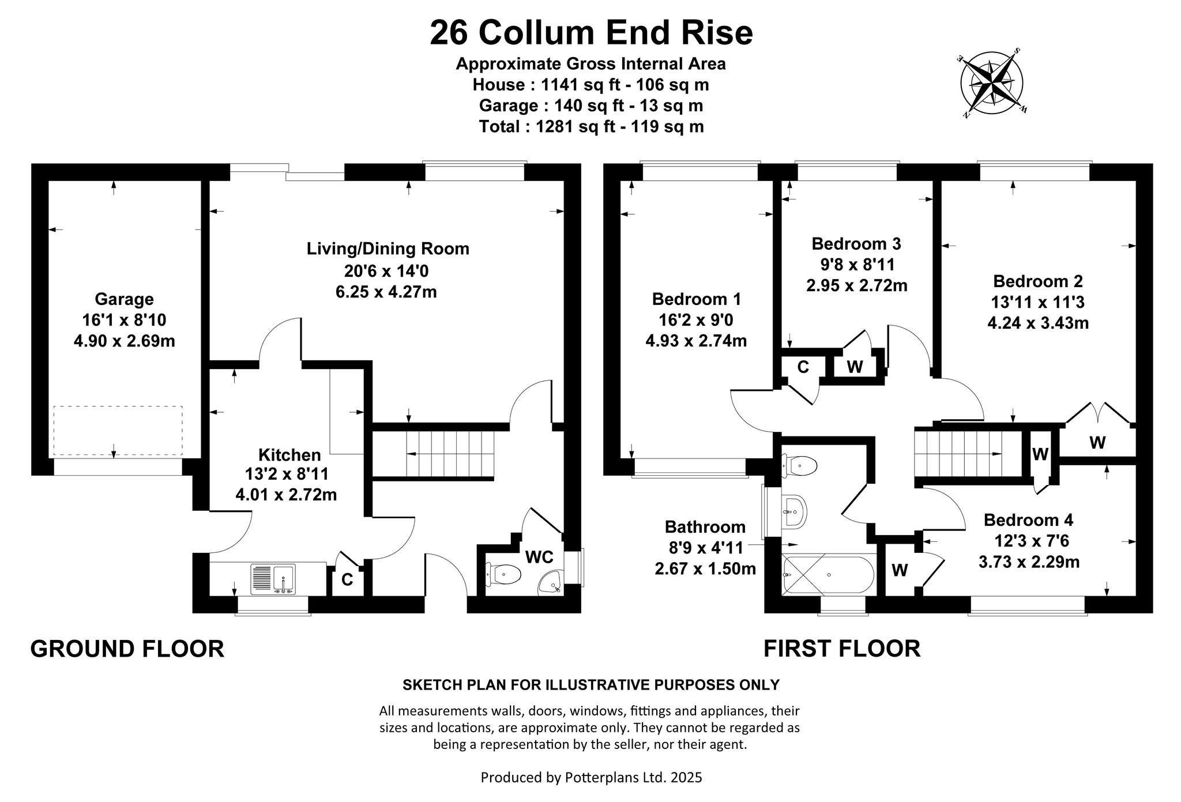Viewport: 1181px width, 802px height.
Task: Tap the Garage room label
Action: pos(124,299)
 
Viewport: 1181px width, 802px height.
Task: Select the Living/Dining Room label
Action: pos(388,249)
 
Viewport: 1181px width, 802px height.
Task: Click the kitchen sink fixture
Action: pos(273,579)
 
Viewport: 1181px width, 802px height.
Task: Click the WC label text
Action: pos(539,558)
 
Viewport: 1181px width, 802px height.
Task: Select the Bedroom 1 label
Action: pos(697,299)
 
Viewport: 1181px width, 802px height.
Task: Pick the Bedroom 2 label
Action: pos(1038,281)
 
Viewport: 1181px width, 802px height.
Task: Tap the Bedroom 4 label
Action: pos(1029,520)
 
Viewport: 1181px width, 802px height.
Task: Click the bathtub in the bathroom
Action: pos(828,575)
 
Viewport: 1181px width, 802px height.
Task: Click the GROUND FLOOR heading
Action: pos(127,649)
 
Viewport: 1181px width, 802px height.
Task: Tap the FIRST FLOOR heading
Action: pos(842,649)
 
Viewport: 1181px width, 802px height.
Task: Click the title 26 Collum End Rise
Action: pos(591,33)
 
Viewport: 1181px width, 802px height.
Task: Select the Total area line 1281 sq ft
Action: pos(591,126)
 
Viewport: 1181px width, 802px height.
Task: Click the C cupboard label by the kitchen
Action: pos(347,579)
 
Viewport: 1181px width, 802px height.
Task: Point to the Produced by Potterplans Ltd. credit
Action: pos(592,778)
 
